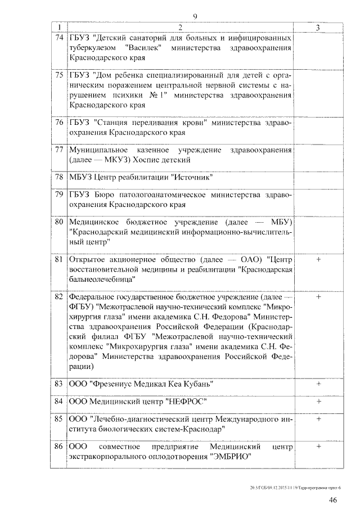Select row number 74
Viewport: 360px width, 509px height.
tap(59, 38)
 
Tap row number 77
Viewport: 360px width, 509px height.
tap(59, 150)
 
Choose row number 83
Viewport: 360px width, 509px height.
tap(58, 384)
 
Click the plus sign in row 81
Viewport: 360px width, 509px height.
tap(318, 259)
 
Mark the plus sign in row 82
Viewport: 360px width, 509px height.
tap(318, 296)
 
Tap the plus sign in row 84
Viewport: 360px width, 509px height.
tap(318, 402)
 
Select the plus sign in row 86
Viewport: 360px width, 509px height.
tap(318, 446)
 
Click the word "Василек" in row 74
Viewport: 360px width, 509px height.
tap(146, 48)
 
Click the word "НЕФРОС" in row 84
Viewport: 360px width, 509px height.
tap(187, 402)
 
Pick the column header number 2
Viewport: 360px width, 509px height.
tap(179, 28)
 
